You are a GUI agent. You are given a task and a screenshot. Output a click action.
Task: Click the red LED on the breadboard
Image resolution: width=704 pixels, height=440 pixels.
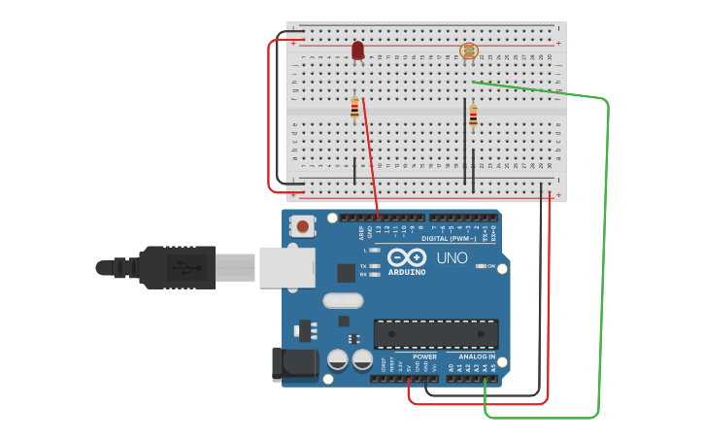click(x=357, y=50)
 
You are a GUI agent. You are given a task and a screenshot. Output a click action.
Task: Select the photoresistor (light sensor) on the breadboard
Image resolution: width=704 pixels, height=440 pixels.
click(x=468, y=51)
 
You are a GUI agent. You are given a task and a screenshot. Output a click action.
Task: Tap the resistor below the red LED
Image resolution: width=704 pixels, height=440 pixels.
click(x=354, y=109)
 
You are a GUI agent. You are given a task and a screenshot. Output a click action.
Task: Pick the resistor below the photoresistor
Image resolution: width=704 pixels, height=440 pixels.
click(x=473, y=117)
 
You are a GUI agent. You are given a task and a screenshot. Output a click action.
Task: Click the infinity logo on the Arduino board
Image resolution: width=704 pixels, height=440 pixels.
click(x=406, y=257)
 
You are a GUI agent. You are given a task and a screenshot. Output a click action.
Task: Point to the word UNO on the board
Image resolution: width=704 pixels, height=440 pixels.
click(x=452, y=258)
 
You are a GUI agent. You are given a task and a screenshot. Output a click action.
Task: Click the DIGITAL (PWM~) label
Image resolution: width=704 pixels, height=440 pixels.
click(x=449, y=238)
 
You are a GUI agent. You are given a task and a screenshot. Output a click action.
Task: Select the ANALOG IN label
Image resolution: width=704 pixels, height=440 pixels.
click(x=478, y=356)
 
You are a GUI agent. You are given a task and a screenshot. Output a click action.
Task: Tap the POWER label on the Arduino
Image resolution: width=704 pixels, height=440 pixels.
click(x=424, y=356)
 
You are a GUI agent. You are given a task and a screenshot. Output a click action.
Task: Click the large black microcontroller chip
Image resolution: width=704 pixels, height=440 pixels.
click(x=436, y=333)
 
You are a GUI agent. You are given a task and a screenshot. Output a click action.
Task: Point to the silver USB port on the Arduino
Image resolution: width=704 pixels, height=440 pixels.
click(x=286, y=267)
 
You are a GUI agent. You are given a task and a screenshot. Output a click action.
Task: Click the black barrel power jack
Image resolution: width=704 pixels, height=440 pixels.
click(x=294, y=363)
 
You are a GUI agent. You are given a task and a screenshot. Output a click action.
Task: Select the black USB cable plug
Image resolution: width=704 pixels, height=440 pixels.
click(x=176, y=267)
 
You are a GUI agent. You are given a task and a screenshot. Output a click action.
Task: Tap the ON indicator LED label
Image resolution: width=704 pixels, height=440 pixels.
click(x=491, y=266)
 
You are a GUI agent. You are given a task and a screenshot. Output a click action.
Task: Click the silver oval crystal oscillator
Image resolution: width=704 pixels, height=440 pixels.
click(x=343, y=300)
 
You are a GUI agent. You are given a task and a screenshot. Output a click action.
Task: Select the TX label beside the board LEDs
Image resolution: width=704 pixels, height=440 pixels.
click(x=363, y=265)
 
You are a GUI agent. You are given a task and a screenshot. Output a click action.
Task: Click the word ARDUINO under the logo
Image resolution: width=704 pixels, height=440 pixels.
click(x=406, y=272)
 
